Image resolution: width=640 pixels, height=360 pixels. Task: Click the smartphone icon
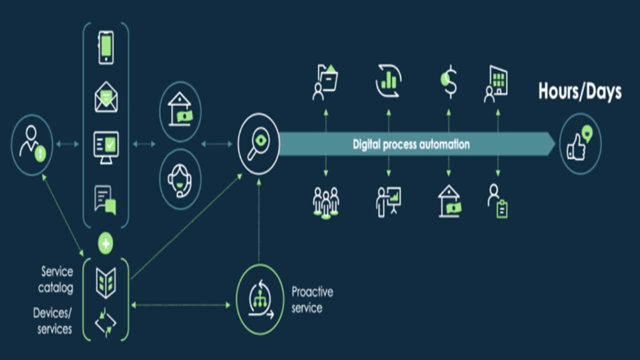[105, 47]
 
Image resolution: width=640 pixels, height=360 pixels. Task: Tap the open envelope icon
[106, 97]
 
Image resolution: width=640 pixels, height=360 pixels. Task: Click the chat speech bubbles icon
[105, 199]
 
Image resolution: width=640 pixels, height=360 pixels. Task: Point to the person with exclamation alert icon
[32, 144]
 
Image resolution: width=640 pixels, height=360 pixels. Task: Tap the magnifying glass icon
[258, 144]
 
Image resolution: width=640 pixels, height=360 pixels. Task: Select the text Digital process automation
[411, 144]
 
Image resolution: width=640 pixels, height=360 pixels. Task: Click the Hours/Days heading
[579, 91]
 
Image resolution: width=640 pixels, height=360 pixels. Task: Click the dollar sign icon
[449, 81]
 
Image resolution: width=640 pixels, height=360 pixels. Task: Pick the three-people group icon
[325, 202]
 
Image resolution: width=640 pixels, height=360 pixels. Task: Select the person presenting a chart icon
[388, 201]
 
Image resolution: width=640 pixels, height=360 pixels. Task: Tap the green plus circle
[105, 243]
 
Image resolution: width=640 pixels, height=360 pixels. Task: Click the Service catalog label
[57, 279]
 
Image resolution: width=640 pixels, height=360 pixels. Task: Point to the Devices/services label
[52, 320]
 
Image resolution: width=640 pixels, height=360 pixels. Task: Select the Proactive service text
[312, 299]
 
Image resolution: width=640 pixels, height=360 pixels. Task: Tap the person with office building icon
[496, 84]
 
